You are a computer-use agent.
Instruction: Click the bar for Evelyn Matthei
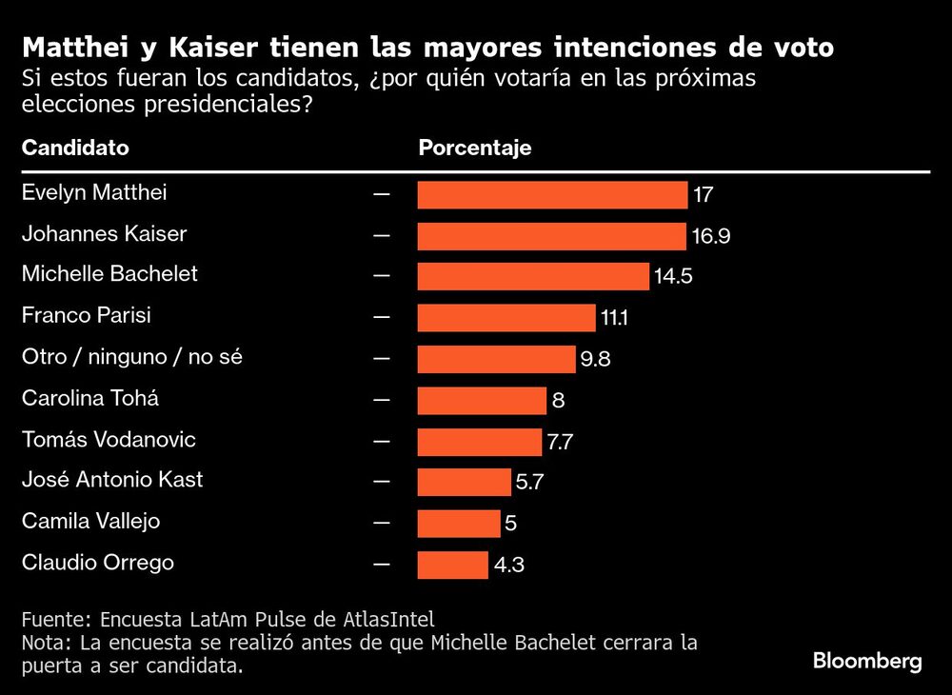[552, 195]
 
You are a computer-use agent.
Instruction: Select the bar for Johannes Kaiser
[551, 236]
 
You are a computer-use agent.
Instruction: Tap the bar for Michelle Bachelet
[533, 277]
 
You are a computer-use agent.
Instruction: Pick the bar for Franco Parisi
[506, 318]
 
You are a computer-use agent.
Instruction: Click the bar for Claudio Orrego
[453, 565]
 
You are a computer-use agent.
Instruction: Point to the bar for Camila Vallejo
[459, 524]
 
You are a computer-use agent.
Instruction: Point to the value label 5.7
[529, 484]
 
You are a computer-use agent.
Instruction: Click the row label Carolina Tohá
[90, 398]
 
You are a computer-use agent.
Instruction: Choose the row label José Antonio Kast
[112, 480]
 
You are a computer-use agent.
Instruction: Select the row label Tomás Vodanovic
[109, 439]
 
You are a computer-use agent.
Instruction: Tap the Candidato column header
[75, 149]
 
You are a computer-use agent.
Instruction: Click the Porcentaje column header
[475, 149]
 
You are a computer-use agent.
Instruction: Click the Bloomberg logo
[867, 662]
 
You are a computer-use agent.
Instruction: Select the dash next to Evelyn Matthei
[382, 193]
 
